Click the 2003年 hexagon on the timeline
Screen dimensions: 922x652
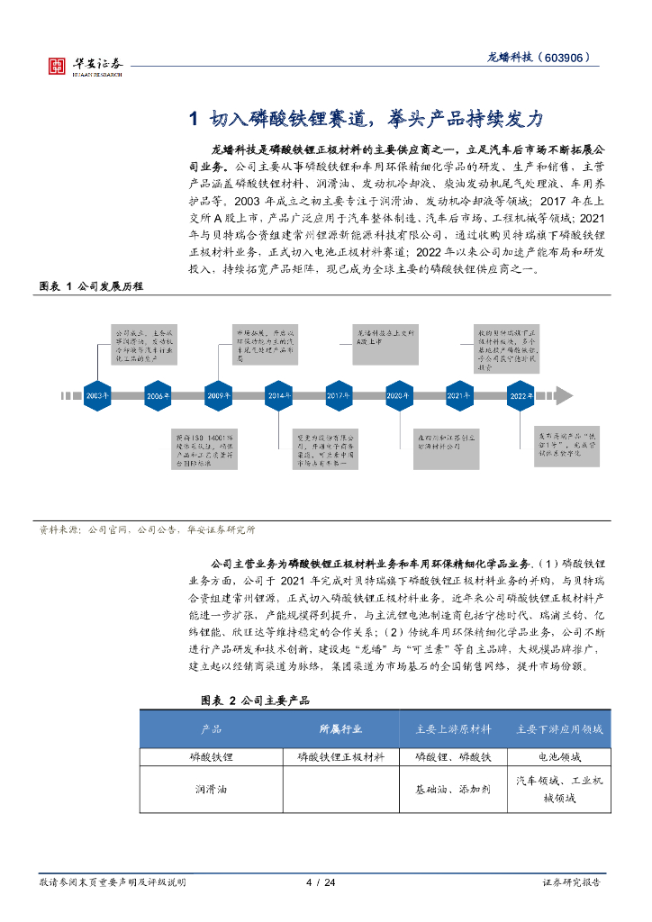tap(96, 395)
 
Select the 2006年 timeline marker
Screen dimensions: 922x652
tap(158, 395)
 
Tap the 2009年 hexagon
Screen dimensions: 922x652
tap(218, 395)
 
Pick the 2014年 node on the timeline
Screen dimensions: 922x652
tap(279, 395)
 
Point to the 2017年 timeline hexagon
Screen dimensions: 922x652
tap(339, 395)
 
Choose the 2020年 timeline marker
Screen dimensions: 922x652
tap(399, 395)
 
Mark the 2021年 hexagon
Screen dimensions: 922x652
tap(459, 395)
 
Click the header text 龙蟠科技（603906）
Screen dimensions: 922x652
tap(539, 57)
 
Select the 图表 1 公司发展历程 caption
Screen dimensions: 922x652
tap(91, 285)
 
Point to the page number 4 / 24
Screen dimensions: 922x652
tap(321, 881)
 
